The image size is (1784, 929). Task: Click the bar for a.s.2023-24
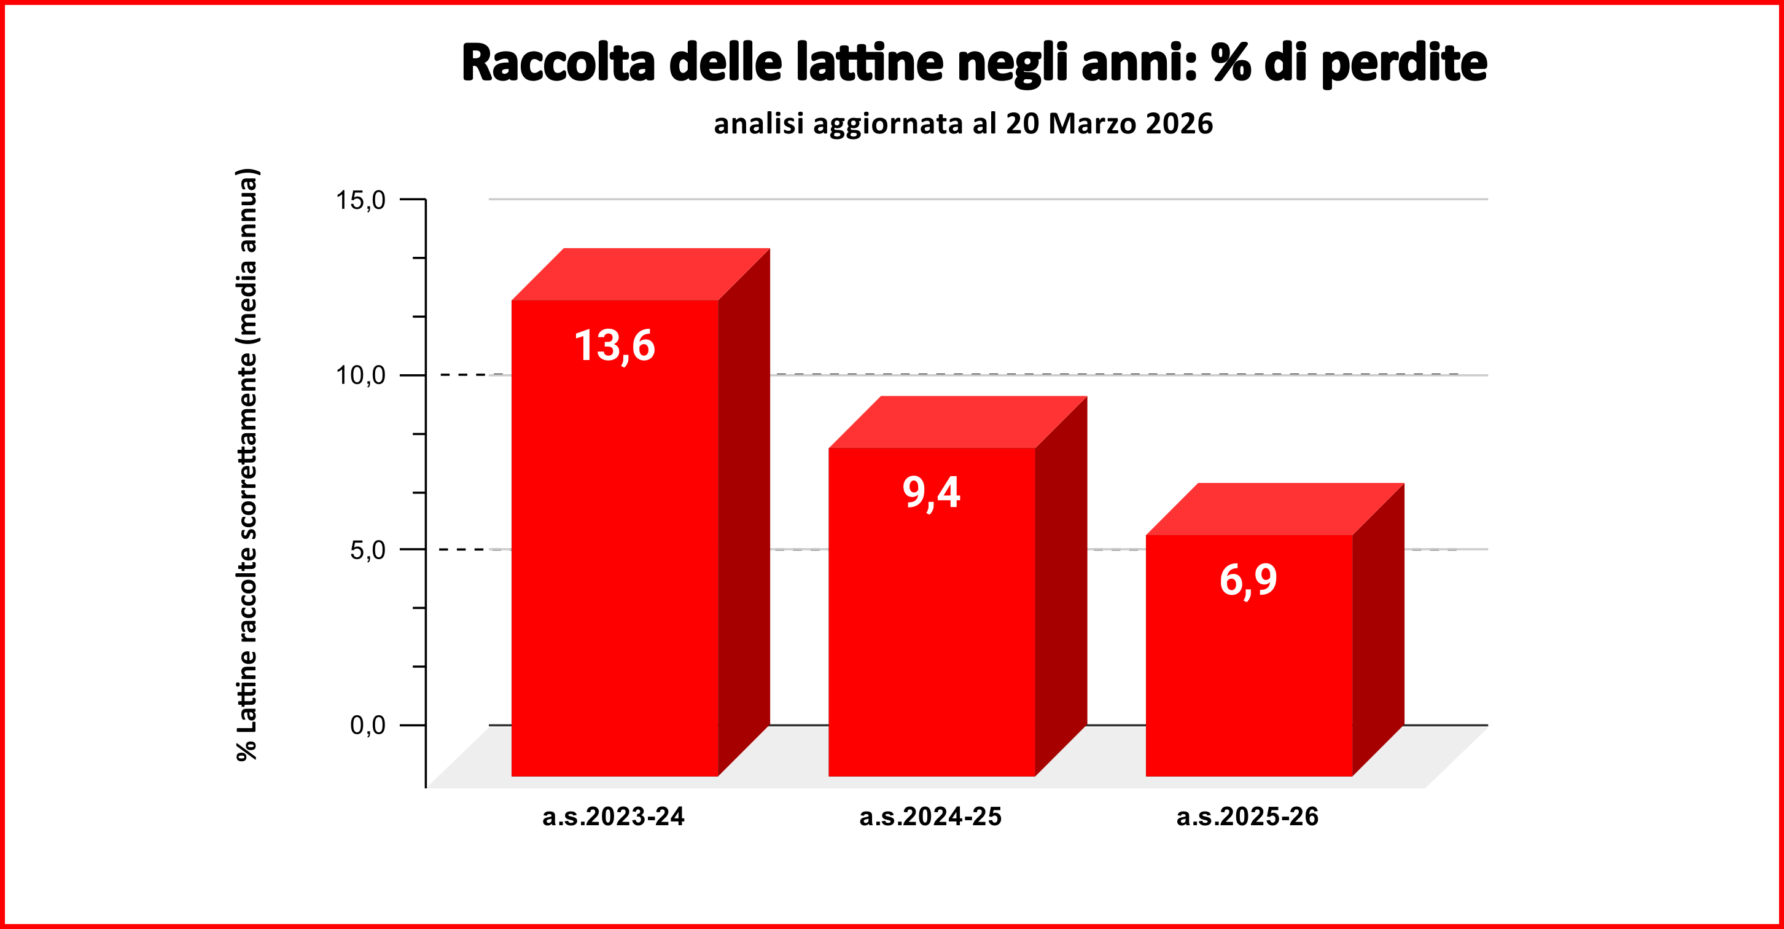614,554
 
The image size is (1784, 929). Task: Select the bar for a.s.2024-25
932,624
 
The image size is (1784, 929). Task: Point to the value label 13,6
614,346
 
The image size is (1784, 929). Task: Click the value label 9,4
932,493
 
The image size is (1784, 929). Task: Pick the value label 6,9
1248,580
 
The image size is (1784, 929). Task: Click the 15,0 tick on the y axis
360,200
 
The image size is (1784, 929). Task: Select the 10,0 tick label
360,375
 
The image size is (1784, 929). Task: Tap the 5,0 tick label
368,550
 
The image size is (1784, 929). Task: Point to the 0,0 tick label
368,726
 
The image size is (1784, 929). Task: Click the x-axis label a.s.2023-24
613,817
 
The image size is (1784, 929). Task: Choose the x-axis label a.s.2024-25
931,817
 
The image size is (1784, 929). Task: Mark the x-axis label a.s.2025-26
1248,817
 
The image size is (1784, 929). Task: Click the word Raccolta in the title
558,63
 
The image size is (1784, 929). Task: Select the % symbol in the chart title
1231,63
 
